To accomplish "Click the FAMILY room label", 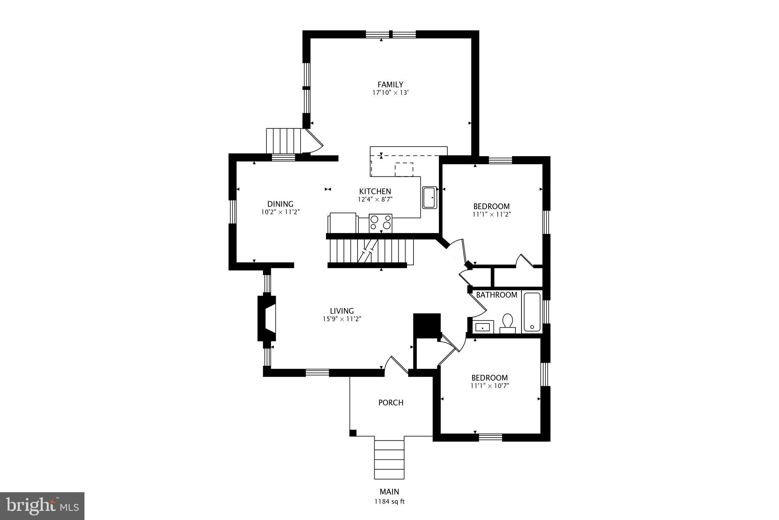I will click(x=390, y=85).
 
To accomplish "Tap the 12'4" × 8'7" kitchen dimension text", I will click(x=375, y=199).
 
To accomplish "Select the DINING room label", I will click(x=280, y=204).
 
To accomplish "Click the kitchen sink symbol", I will click(x=430, y=197).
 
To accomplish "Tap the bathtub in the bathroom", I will click(x=532, y=312).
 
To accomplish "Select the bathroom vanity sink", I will click(x=483, y=327).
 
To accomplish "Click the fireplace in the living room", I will click(x=267, y=318).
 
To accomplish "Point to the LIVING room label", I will click(x=342, y=311).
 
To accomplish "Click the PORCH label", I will click(x=391, y=403).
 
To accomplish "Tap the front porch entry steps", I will click(x=389, y=459).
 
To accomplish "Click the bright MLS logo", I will click(x=42, y=506).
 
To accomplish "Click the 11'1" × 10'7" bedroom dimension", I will click(x=490, y=386).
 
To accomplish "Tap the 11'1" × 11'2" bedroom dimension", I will click(x=491, y=214).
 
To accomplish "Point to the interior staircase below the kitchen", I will click(x=371, y=251).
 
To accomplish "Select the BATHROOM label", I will click(x=496, y=295).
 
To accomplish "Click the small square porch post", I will click(x=353, y=432).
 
